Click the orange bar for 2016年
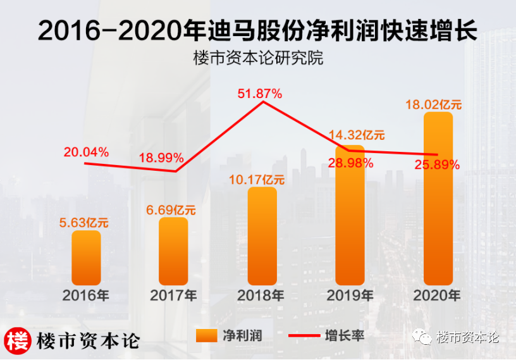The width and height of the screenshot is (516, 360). coord(86,258)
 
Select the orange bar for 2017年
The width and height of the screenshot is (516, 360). coord(173,251)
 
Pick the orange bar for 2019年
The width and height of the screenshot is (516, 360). coord(350,215)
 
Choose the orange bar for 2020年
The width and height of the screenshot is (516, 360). coord(438,199)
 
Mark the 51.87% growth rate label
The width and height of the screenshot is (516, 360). coord(259,94)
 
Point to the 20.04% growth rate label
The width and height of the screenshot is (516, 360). coord(86,152)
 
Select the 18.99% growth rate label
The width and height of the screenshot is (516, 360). coord(162,157)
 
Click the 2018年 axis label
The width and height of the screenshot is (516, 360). coord(261,295)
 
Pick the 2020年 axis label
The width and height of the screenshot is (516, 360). coord(437,295)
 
